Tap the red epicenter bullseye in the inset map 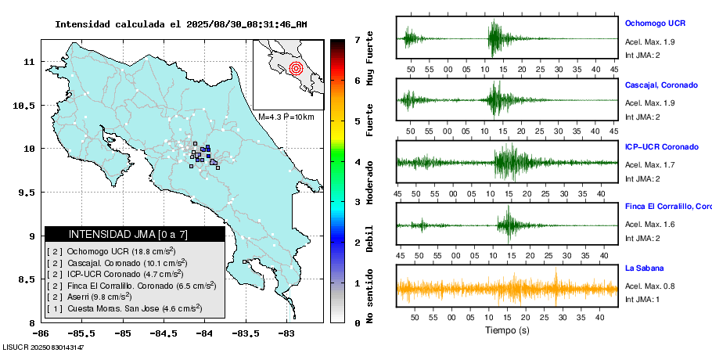295,68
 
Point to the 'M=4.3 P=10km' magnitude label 286,117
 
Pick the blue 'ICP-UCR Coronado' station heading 661,146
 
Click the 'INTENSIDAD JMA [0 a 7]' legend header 128,234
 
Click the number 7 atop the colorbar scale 357,39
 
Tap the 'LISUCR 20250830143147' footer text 43,347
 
